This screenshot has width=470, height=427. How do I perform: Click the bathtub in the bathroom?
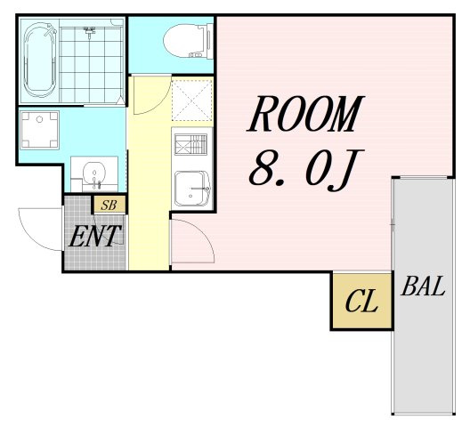coord(40,60)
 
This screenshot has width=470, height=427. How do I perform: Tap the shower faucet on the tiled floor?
coord(89,31)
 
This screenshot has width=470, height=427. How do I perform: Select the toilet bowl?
coord(183,41)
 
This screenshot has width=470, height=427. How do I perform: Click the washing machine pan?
coord(39,130)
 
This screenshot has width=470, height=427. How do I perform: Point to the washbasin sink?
coord(94,174)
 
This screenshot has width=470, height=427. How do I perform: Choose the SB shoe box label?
coord(109,205)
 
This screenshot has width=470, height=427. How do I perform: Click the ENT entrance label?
coord(94,236)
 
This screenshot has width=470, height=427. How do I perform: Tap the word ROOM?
coord(305,114)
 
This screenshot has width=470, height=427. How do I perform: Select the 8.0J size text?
coord(306,170)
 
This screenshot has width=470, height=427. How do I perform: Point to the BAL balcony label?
coord(423,286)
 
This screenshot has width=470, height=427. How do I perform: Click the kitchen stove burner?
coord(190,144)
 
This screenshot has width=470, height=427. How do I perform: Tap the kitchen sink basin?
coord(192,189)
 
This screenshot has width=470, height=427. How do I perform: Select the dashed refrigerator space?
coord(192,99)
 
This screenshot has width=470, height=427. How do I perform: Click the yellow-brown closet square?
coord(362,301)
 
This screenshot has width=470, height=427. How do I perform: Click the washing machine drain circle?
coord(39,119)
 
